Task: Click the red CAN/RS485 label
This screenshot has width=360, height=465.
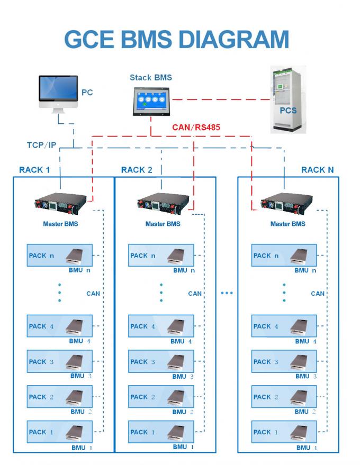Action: tap(195, 127)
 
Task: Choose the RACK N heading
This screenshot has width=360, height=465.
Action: tap(318, 170)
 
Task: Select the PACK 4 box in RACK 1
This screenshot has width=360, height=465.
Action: tap(60, 326)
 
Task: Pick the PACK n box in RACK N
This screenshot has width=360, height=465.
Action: tap(284, 256)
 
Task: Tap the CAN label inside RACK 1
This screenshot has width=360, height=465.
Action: tap(93, 293)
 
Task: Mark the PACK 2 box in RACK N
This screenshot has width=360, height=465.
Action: tap(284, 397)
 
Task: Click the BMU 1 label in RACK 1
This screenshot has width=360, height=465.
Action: tap(81, 447)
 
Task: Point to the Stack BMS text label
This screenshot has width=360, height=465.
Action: tap(151, 78)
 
